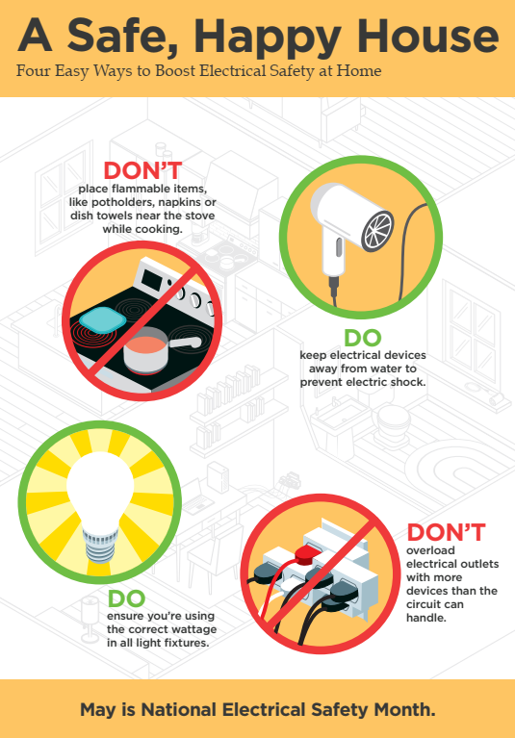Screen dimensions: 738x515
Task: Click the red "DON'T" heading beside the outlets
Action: point(446,532)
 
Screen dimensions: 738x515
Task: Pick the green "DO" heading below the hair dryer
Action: point(362,339)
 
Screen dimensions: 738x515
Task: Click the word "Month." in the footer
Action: point(405,710)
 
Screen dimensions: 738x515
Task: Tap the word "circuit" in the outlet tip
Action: point(430,604)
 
